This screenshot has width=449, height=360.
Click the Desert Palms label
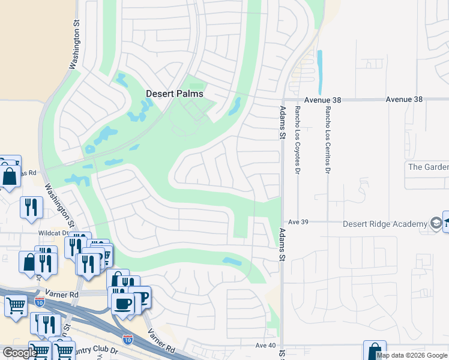coord(175,94)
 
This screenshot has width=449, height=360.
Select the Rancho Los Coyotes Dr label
coord(297,140)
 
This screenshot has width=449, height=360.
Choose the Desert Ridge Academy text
coord(384,224)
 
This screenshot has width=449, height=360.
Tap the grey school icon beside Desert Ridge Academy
coord(436,224)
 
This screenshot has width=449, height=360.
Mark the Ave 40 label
coord(265,346)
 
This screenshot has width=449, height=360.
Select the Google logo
coord(19,353)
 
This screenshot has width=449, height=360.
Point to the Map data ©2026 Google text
coord(412,355)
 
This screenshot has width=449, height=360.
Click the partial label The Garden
coord(427,167)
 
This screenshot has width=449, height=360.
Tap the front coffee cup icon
coord(124,302)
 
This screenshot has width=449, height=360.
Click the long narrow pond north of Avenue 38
coord(319,67)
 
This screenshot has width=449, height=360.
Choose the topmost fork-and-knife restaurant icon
coord(30,207)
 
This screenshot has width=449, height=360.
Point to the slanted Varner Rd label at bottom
coord(161,340)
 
